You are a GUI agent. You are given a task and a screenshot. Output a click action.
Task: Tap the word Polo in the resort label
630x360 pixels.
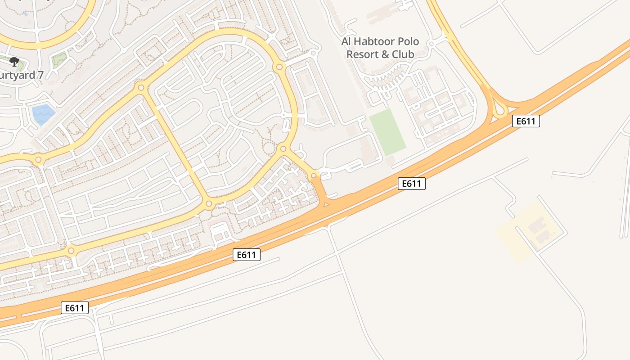[407, 42]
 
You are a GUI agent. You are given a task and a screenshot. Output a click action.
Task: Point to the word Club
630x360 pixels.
[403, 54]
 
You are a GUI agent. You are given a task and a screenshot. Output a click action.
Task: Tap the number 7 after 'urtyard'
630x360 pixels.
[40, 75]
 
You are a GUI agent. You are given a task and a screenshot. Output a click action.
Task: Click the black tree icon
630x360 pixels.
[14, 61]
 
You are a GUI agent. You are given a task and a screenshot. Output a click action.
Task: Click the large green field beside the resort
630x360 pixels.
[387, 132]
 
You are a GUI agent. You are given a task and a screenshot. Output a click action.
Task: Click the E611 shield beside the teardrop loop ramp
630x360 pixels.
[526, 121]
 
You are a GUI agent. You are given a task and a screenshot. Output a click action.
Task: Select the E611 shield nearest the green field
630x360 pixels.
[411, 184]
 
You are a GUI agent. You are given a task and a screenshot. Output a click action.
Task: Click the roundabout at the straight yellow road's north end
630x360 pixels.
[141, 87]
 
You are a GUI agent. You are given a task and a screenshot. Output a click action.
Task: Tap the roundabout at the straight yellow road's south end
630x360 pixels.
[209, 204]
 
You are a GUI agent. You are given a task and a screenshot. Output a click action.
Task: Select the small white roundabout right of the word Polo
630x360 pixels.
[431, 44]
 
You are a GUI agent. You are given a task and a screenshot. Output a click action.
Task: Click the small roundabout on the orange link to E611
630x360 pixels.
[314, 175]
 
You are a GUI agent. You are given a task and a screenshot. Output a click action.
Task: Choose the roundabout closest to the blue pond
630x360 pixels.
[38, 159]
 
